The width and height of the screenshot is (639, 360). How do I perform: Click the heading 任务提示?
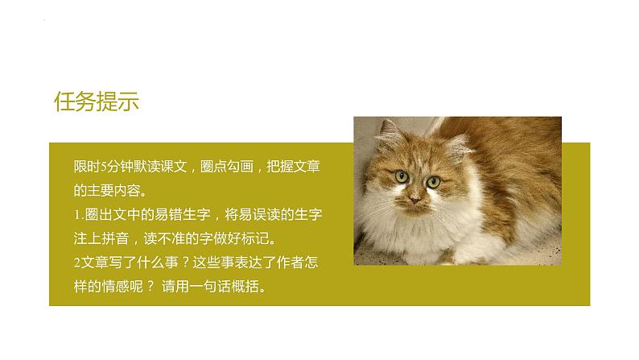click(x=97, y=102)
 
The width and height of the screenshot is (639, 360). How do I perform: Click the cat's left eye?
click(x=400, y=176)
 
